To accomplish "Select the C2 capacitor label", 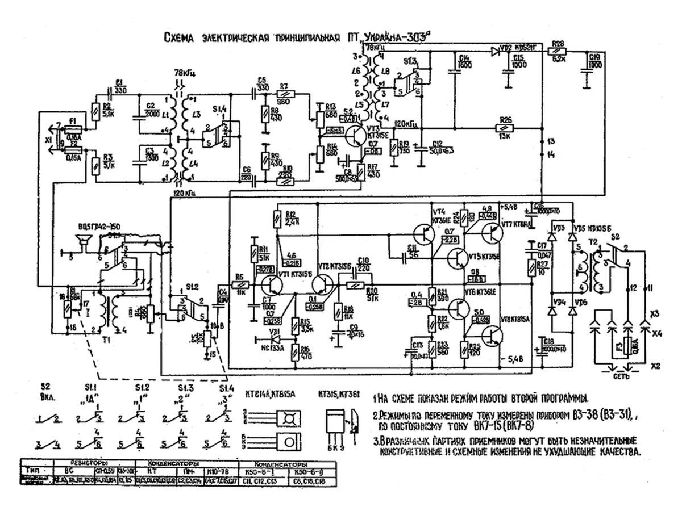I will point(151,106).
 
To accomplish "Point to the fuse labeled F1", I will point(73,128).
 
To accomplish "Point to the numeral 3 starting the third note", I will point(376,441).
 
